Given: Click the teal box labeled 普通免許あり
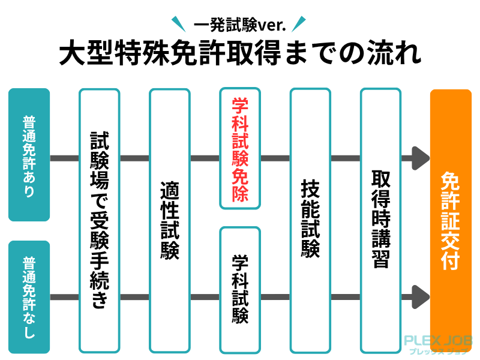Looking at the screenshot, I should [29, 155].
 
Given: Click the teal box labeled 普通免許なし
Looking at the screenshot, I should [29, 296].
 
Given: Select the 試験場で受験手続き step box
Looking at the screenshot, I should [99, 220].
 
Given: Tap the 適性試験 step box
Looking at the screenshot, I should [170, 220].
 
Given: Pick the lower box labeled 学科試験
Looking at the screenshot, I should [240, 289].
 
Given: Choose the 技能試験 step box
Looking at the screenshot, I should [310, 220].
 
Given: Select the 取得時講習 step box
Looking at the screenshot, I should [380, 220].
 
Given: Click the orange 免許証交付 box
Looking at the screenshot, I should [451, 220].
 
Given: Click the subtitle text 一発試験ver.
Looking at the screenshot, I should [239, 25].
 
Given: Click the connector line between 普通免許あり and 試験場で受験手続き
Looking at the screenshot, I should [64, 158].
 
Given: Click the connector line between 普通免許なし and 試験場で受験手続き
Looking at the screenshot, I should [64, 296].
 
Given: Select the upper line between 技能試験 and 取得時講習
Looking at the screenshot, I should [345, 158].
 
